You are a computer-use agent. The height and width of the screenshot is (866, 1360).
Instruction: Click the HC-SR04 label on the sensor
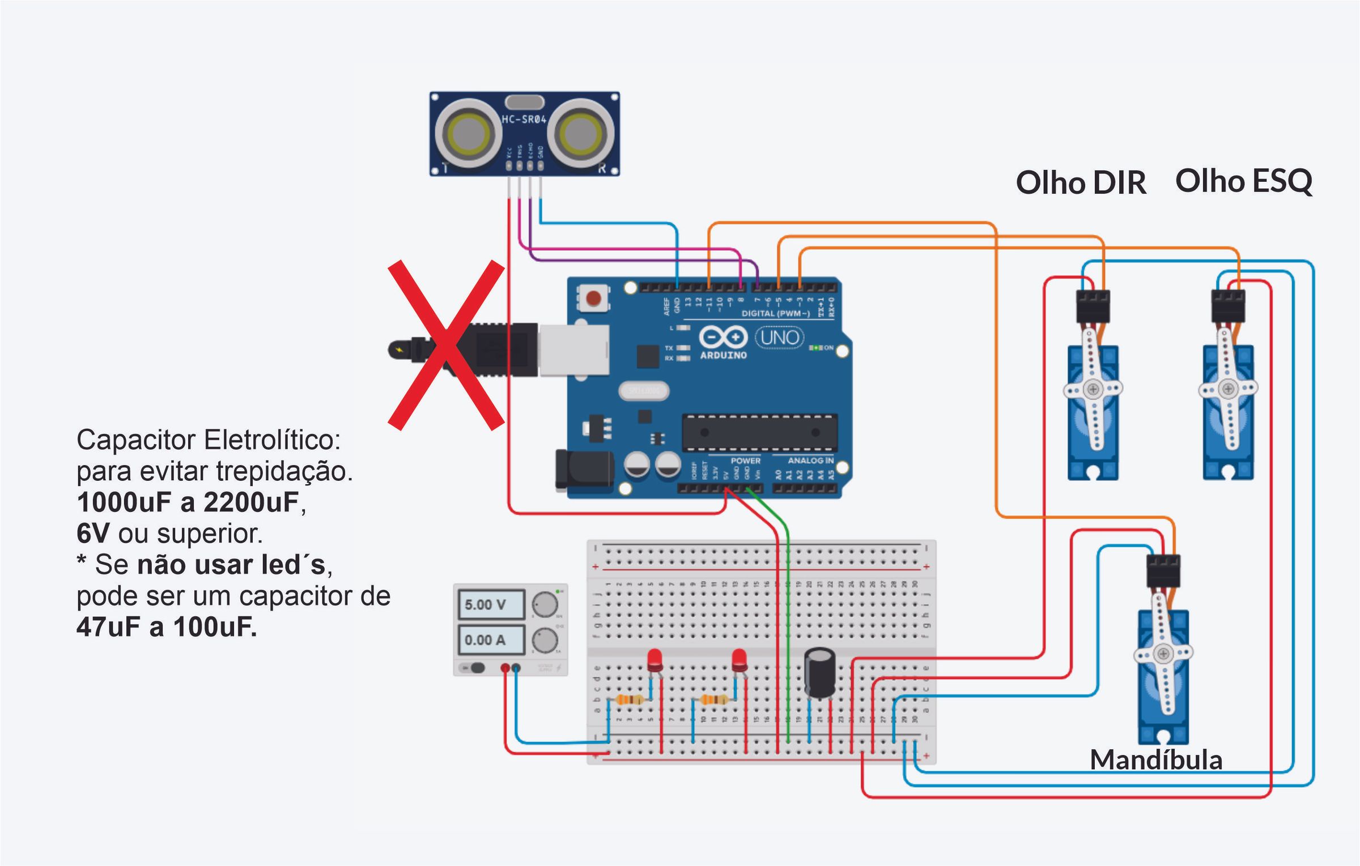point(524,120)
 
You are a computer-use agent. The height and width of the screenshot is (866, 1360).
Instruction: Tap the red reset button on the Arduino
point(593,298)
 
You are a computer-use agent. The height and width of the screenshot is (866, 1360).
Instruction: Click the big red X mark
point(447,345)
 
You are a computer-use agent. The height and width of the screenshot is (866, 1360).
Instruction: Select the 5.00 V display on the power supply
point(491,604)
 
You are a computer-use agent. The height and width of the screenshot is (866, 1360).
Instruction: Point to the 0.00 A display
point(491,639)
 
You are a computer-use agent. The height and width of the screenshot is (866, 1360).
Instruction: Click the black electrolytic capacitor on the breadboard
point(819,673)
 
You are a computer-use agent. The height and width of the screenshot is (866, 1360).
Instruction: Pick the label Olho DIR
point(1081,183)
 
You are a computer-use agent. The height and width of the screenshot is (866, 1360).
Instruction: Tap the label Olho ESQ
point(1243,181)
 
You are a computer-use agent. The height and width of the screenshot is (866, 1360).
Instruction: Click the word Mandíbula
point(1156,760)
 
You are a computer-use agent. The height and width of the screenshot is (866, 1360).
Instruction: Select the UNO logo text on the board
point(780,338)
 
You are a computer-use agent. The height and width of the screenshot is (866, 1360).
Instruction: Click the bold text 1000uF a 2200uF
point(188,502)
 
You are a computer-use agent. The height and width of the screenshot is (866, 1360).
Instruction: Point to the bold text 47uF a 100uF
point(167,627)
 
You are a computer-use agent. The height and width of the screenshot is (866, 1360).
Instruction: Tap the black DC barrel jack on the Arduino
point(584,470)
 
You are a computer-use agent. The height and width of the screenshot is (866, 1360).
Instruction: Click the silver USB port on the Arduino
point(573,350)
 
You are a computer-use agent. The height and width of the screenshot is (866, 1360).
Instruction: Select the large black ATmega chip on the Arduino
point(759,432)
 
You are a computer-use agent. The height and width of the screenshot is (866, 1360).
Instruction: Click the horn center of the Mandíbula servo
point(1163,654)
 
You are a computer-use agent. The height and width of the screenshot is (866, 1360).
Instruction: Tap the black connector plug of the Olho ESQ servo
point(1228,306)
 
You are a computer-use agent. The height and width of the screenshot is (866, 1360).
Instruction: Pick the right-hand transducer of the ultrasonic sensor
point(581,134)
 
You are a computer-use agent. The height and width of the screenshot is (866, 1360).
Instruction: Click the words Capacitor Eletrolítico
point(209,440)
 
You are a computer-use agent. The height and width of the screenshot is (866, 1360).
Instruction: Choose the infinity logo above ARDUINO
point(723,338)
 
